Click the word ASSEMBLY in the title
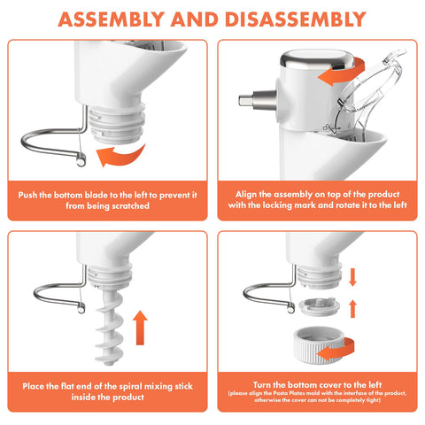pyautogui.click(x=111, y=19)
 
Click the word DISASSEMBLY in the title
pyautogui.click(x=296, y=19)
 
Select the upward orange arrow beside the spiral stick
pyautogui.click(x=140, y=328)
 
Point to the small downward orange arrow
pyautogui.click(x=352, y=277)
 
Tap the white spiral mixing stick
pyautogui.click(x=110, y=328)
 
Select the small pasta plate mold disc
pyautogui.click(x=319, y=307)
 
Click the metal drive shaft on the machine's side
pyautogui.click(x=258, y=100)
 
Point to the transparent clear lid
pyautogui.click(x=370, y=91)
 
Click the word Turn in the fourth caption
pyautogui.click(x=262, y=385)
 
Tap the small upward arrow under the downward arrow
pyautogui.click(x=352, y=309)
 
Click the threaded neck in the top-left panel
pyautogui.click(x=118, y=123)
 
